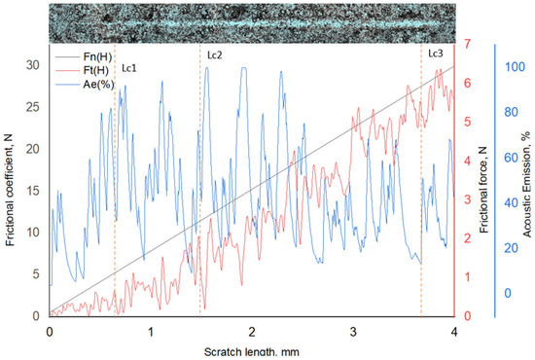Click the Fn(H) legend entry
[84, 57]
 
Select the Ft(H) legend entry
[82, 71]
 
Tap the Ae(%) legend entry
[85, 85]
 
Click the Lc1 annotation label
[129, 68]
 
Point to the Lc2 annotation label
[215, 54]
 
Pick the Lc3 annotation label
[436, 54]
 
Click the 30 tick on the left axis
[33, 65]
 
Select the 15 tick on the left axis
[33, 191]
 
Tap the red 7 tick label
[467, 44]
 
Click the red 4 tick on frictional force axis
[467, 161]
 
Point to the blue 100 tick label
[515, 67]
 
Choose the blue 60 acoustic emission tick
[511, 158]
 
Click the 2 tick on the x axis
[252, 332]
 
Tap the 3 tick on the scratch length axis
[353, 332]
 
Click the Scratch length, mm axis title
[252, 352]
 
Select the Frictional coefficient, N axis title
[10, 190]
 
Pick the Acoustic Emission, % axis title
[526, 184]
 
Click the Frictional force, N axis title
[483, 191]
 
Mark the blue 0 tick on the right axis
[508, 293]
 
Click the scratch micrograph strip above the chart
[252, 23]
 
